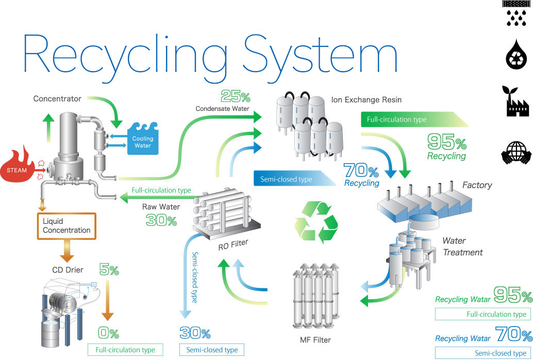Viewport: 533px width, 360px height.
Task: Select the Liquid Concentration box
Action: tap(66, 225)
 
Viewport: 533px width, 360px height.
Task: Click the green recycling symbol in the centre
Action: tap(316, 221)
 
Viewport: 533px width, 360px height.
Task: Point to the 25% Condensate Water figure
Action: tap(235, 96)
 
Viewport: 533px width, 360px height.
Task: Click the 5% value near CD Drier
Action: tap(108, 270)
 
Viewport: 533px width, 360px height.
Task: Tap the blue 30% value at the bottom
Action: tap(195, 333)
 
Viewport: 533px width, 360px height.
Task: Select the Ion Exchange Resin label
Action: tap(368, 100)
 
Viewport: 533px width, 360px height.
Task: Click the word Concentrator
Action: tap(57, 98)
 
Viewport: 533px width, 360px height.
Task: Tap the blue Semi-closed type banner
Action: tap(289, 179)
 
